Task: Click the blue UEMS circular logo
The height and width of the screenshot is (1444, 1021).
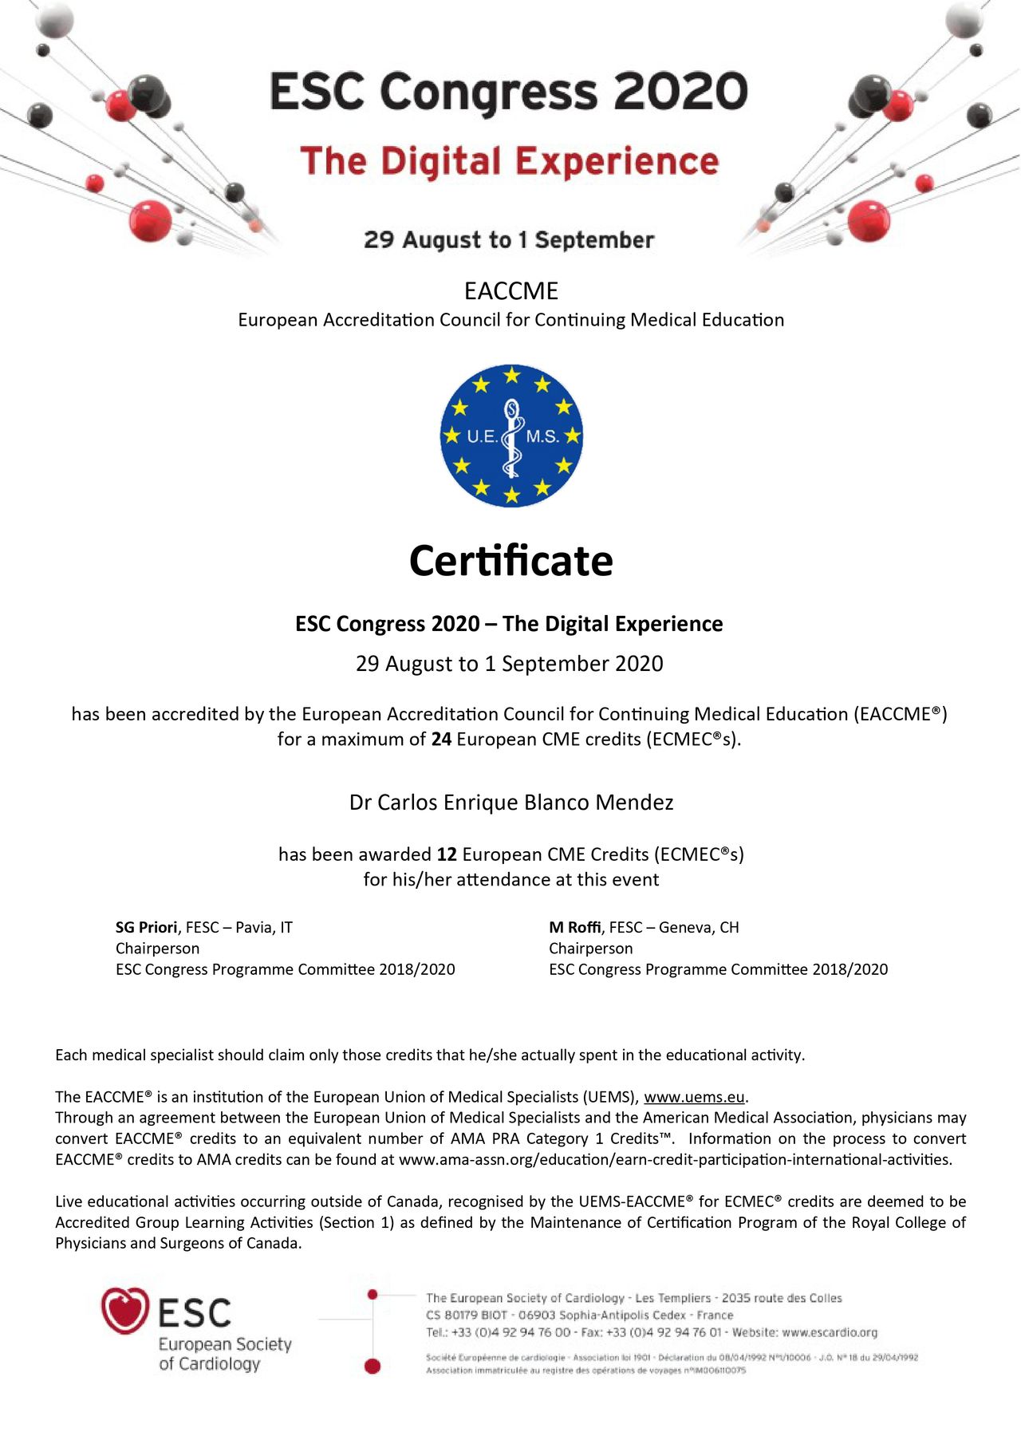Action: (x=511, y=436)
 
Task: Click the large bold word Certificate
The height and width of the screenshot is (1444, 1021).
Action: (x=510, y=561)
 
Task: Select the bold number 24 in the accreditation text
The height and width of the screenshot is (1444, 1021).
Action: (x=441, y=740)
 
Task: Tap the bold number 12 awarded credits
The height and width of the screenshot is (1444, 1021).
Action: (x=447, y=854)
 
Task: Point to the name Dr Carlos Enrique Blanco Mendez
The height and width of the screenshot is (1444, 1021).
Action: (x=511, y=803)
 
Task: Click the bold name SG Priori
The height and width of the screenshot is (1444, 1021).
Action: (x=146, y=927)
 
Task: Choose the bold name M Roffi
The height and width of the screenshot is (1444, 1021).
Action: (x=574, y=927)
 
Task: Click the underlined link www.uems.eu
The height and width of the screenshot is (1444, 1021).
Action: (x=694, y=1097)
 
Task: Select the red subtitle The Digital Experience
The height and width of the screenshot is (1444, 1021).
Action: (x=510, y=161)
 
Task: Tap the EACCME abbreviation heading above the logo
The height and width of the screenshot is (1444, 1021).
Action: (x=511, y=291)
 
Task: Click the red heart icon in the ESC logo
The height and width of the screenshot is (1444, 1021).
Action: (x=125, y=1311)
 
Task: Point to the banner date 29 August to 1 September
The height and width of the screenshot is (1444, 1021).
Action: (x=509, y=240)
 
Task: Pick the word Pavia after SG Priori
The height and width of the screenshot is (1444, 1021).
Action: (x=254, y=927)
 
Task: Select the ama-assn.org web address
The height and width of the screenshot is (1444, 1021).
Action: (x=675, y=1159)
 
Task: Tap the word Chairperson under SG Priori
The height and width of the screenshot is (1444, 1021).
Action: (x=157, y=949)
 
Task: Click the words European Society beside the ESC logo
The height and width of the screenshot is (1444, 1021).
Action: (x=225, y=1344)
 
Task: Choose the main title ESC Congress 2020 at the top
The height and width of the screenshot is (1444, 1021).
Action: (x=509, y=91)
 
